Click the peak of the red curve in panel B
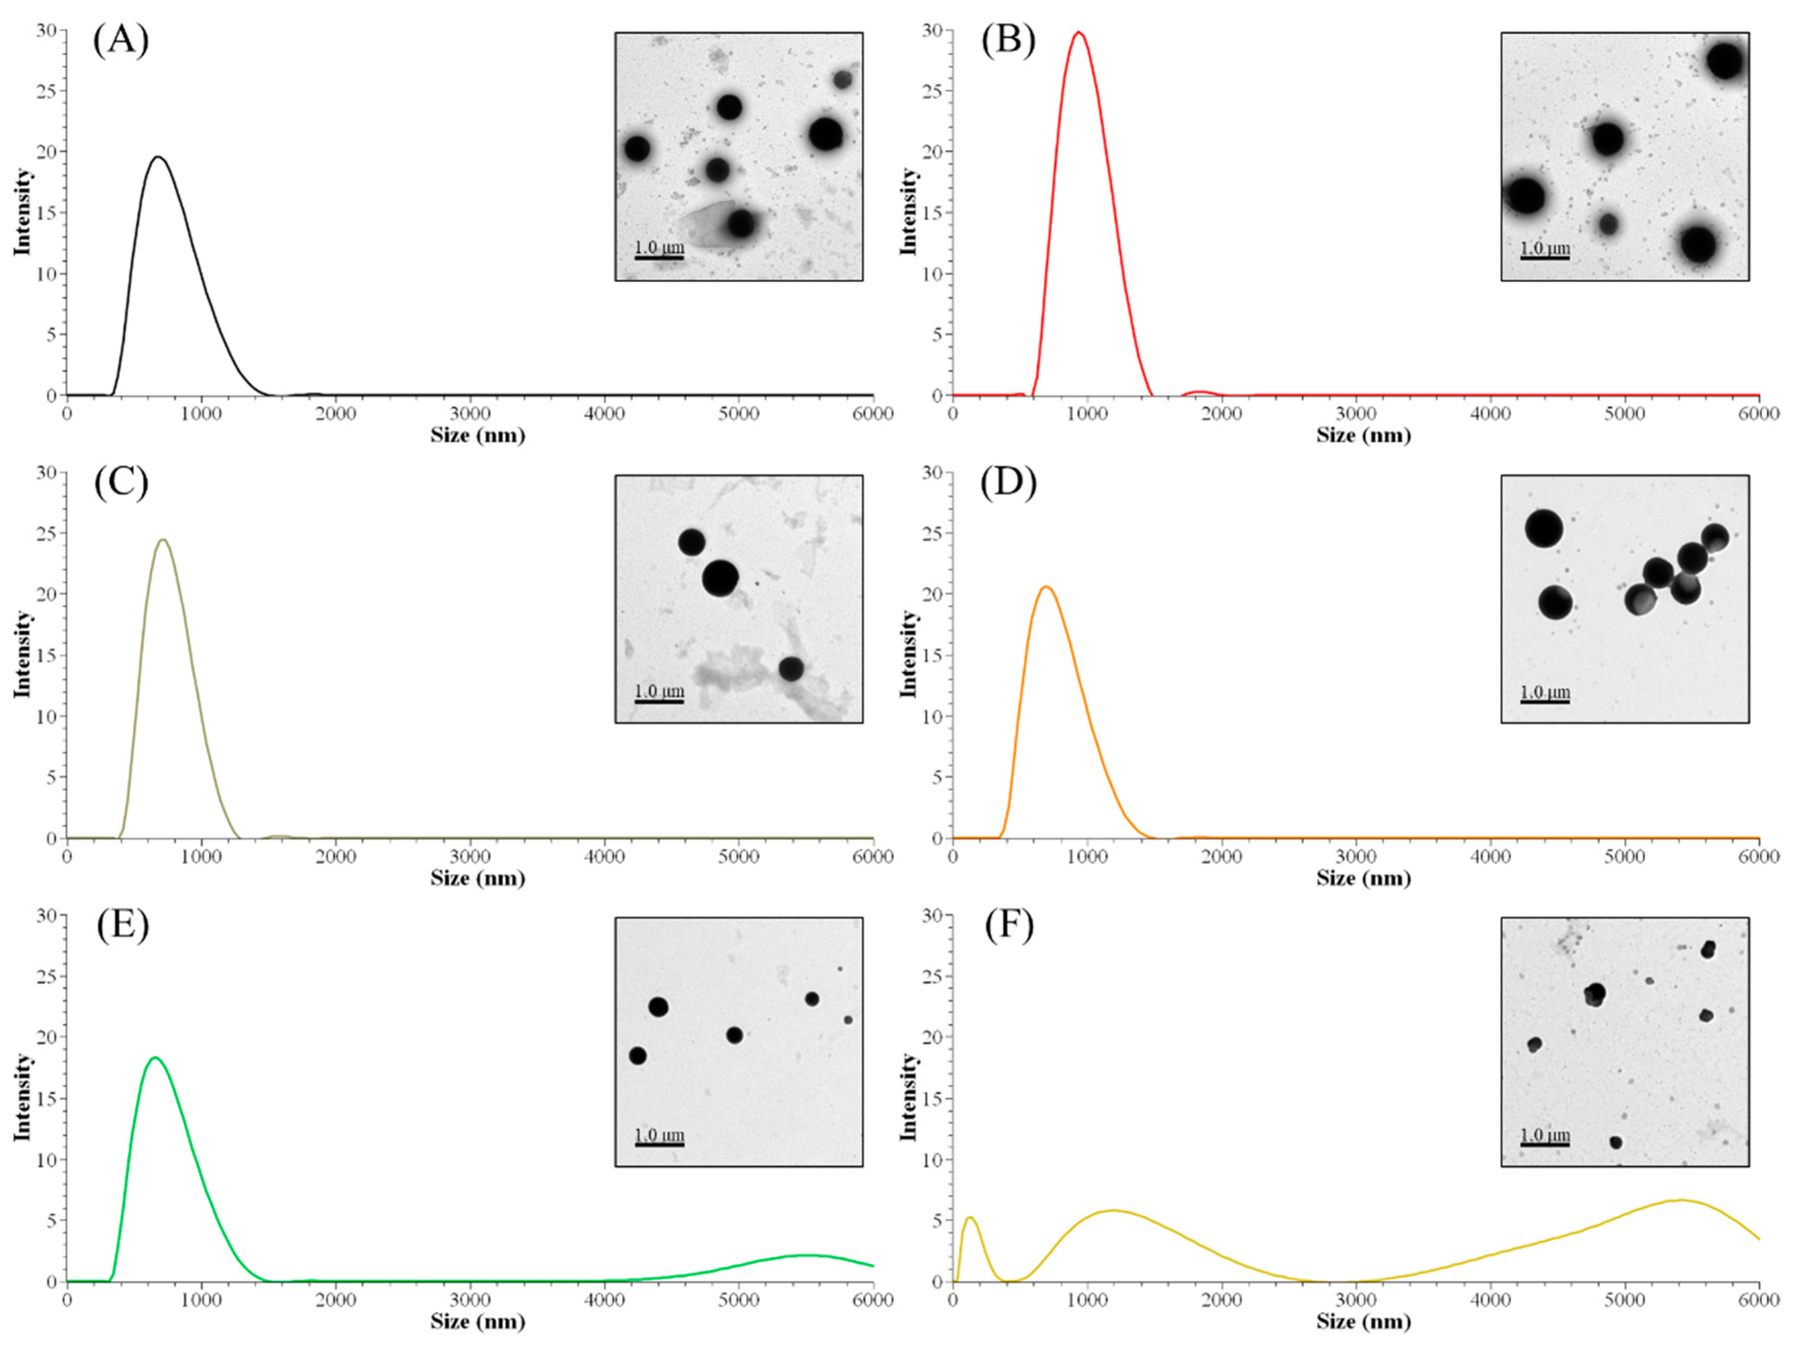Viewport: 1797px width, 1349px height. click(1079, 33)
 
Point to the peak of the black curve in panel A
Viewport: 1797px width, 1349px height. click(159, 157)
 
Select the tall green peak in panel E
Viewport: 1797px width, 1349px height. click(154, 1057)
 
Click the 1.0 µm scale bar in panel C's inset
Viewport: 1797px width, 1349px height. click(659, 701)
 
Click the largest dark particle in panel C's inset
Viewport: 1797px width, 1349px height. click(720, 578)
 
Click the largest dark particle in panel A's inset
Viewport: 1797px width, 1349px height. click(825, 134)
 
